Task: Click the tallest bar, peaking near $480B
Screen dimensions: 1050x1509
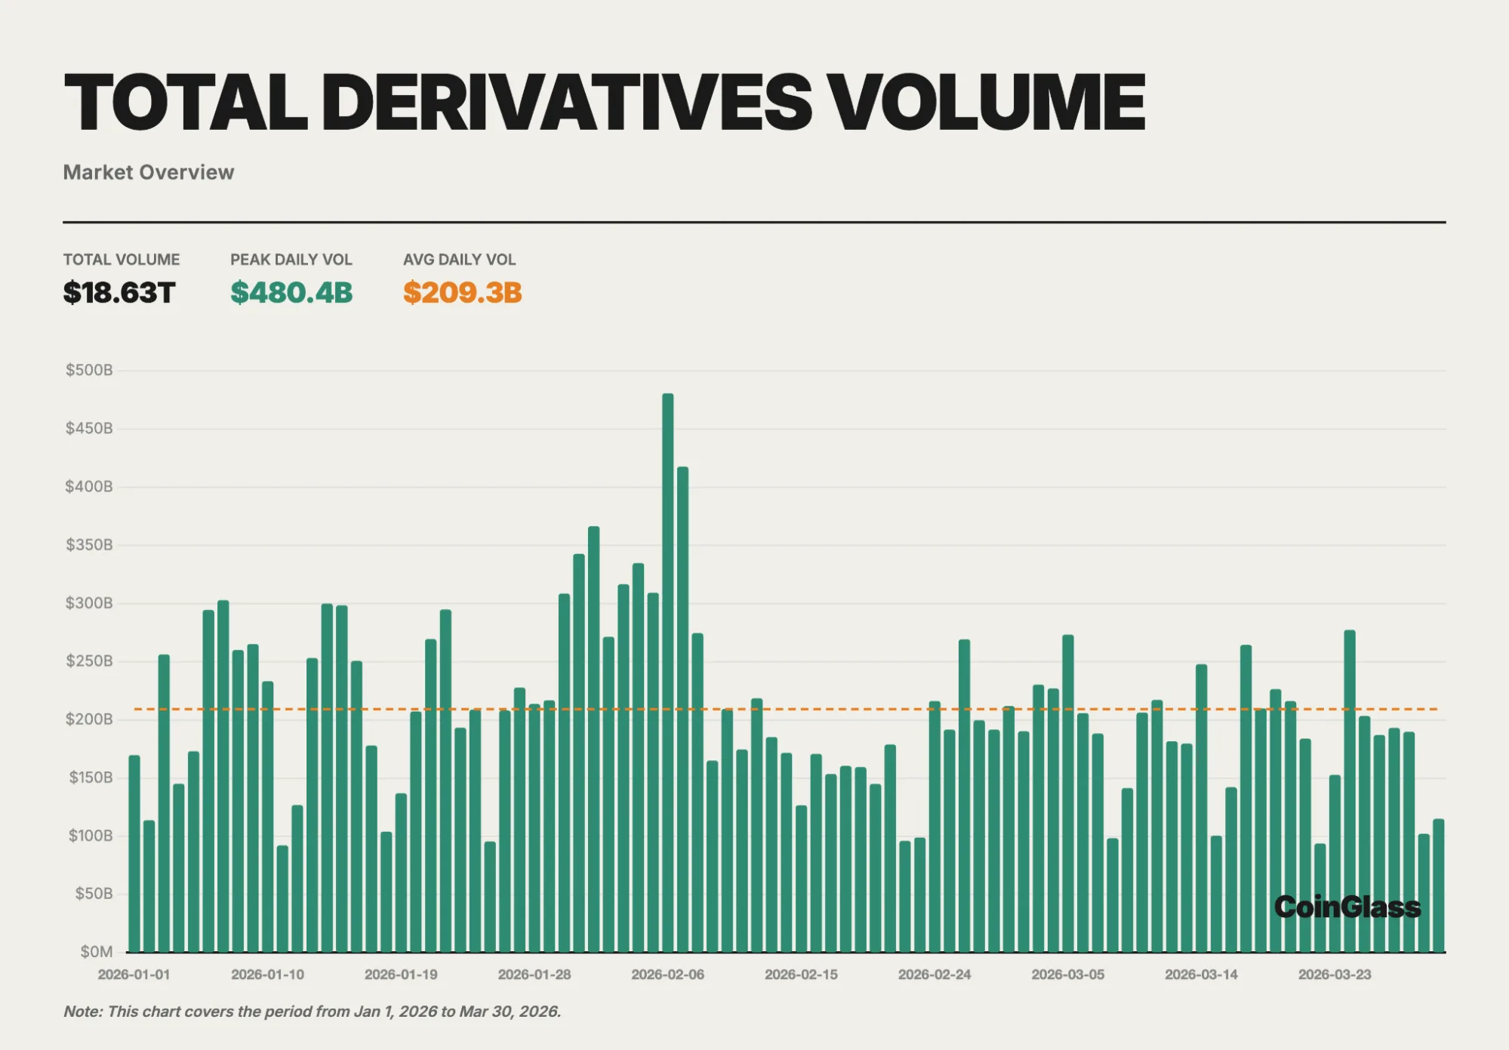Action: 667,672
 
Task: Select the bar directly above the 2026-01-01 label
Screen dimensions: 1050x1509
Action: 134,853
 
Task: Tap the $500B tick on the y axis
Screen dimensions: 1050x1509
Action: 89,370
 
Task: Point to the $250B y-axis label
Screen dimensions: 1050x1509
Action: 89,661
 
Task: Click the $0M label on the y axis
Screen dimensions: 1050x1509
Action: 97,952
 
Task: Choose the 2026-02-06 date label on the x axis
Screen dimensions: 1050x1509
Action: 667,975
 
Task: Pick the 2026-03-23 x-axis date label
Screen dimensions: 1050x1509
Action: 1334,975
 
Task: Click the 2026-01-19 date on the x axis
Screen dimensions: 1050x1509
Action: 401,975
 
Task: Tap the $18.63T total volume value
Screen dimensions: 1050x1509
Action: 119,292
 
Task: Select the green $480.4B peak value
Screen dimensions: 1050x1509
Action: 291,292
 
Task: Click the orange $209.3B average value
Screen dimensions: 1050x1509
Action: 462,292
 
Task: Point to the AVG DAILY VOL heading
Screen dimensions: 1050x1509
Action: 459,260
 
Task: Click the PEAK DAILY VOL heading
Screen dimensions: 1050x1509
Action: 291,260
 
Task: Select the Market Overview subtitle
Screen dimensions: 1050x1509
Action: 148,172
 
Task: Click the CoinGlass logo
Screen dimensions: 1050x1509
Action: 1347,907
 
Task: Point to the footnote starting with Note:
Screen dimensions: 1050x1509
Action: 312,1012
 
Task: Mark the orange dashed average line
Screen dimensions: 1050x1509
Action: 785,709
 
